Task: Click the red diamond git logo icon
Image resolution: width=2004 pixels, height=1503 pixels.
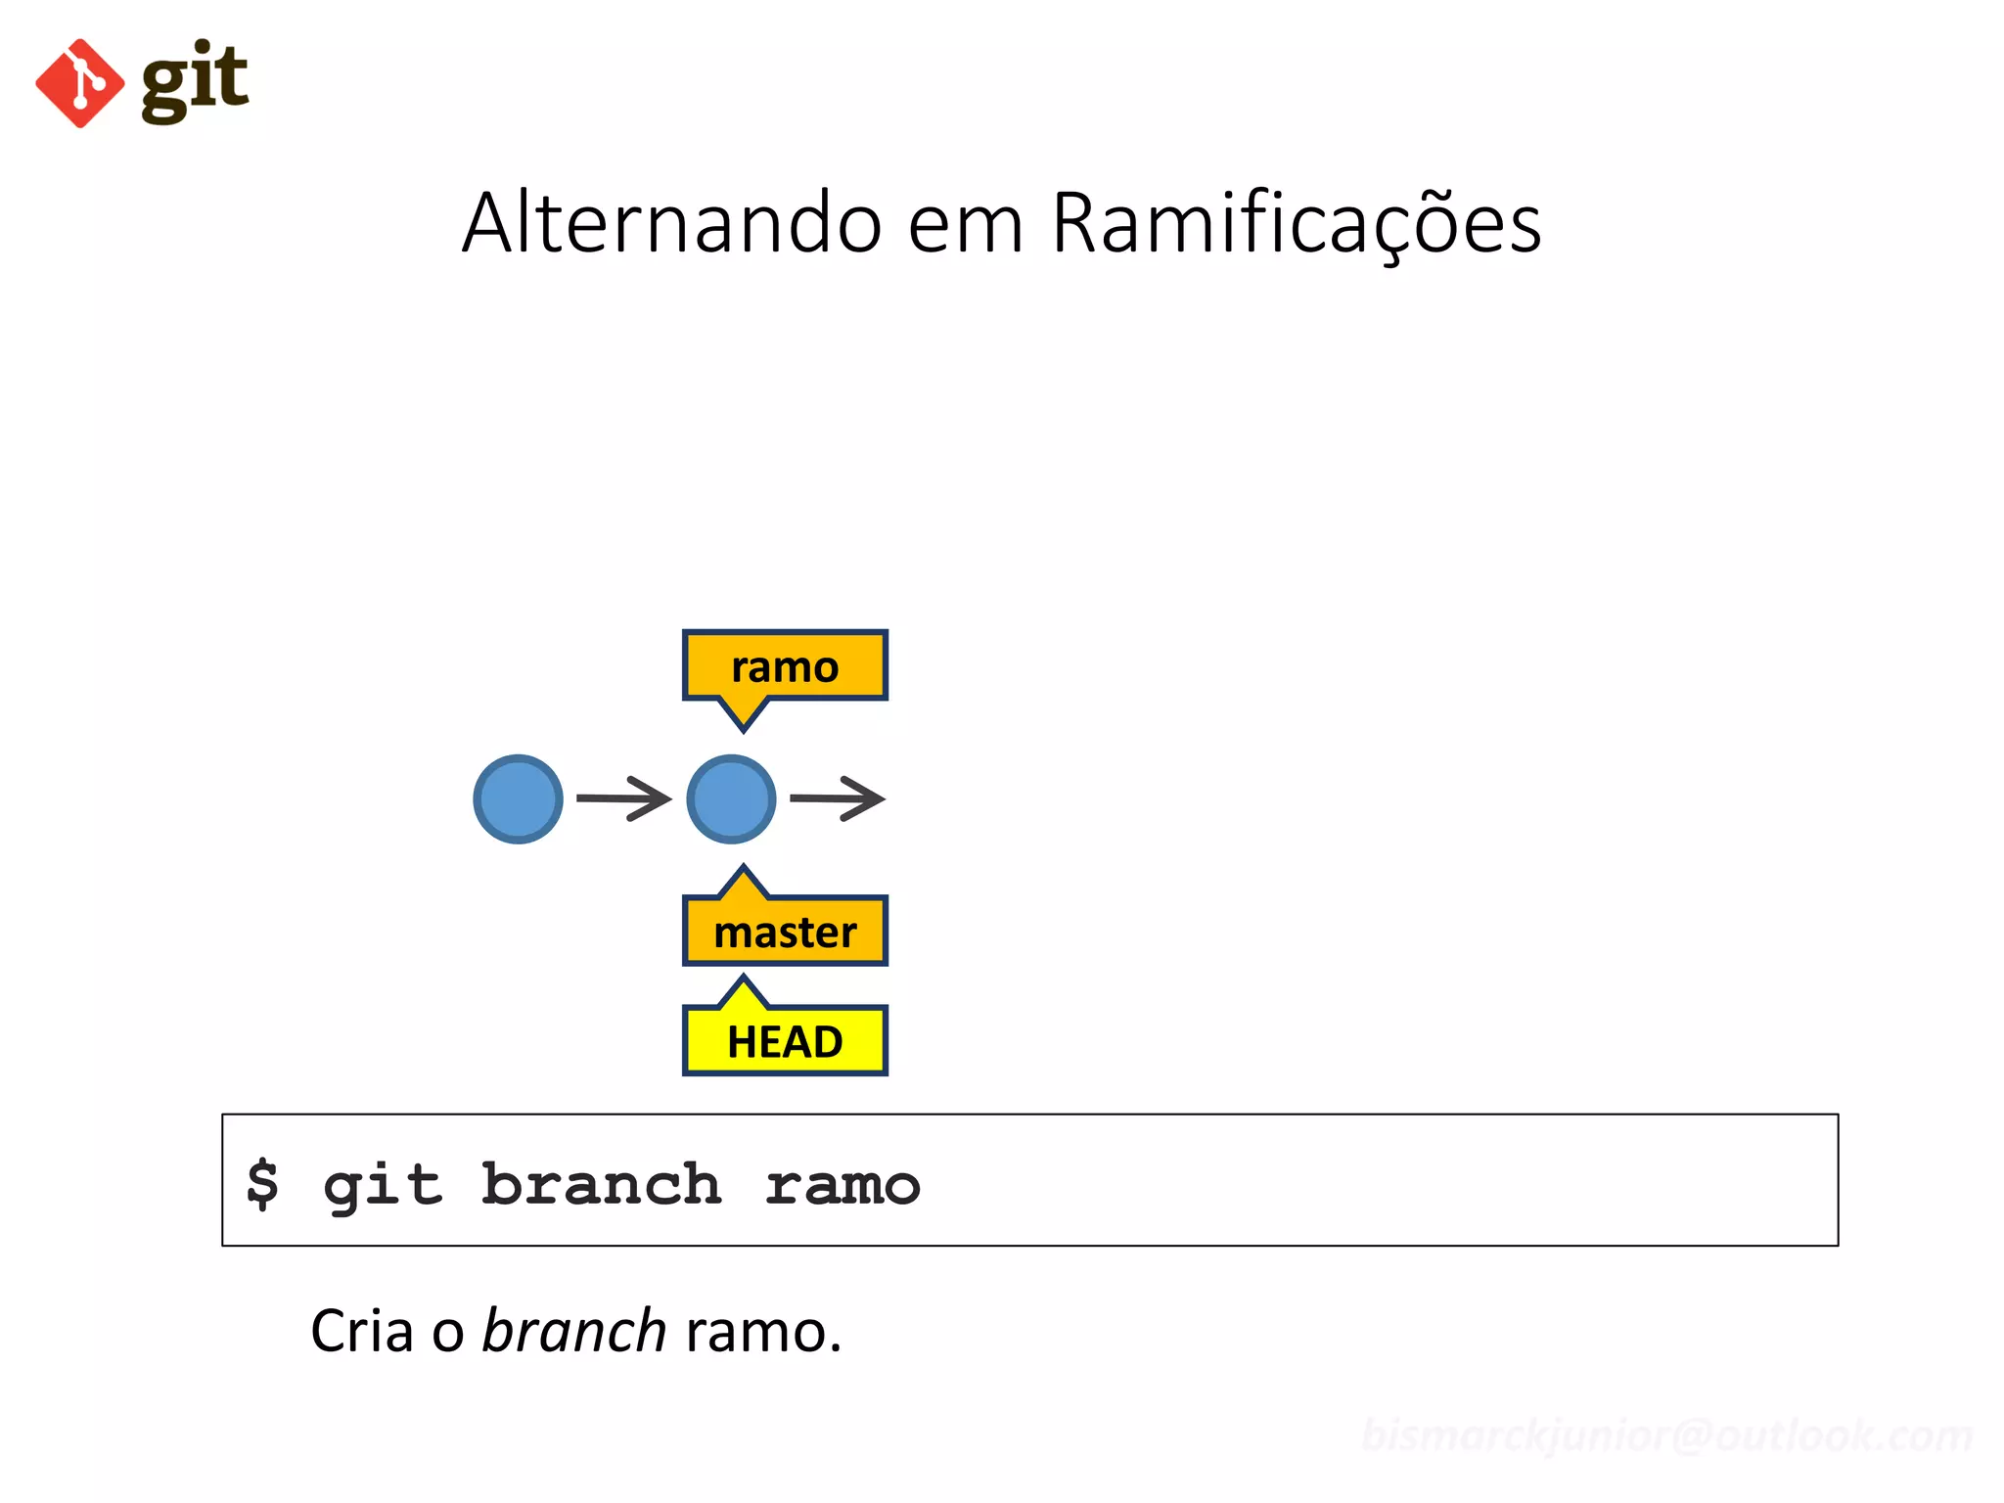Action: click(80, 83)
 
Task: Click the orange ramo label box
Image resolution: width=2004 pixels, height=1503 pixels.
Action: click(785, 665)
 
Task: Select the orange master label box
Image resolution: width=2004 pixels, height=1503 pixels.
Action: click(785, 931)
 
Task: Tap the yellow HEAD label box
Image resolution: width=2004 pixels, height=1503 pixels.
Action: click(785, 1040)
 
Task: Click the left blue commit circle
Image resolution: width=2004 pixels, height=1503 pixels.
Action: click(518, 798)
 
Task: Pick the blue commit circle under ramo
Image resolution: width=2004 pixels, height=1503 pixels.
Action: click(731, 798)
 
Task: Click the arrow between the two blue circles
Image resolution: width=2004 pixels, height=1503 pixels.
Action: click(623, 798)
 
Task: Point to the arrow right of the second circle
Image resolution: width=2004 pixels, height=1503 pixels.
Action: click(837, 798)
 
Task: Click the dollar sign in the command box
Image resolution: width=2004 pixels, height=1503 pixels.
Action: click(262, 1184)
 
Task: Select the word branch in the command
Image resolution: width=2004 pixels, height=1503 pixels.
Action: click(601, 1184)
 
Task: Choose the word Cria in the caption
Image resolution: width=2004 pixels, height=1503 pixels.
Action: click(362, 1332)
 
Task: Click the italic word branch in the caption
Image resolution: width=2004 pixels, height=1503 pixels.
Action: click(574, 1332)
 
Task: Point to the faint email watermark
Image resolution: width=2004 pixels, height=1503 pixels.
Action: click(1666, 1435)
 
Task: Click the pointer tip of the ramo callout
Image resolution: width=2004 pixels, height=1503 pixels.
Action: click(744, 726)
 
